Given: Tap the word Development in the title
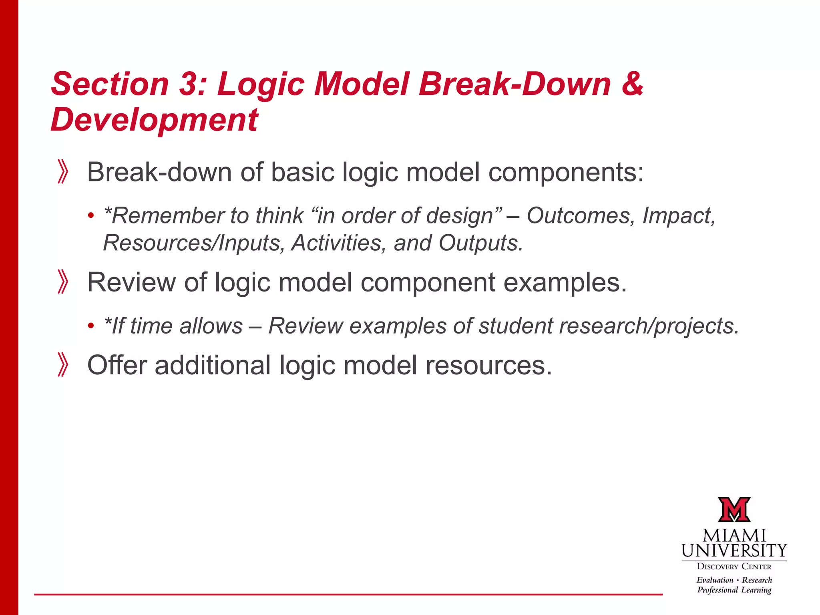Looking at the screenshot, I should pyautogui.click(x=155, y=120).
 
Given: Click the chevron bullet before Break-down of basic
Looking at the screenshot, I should pyautogui.click(x=63, y=172).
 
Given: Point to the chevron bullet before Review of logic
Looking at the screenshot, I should pyautogui.click(x=63, y=282).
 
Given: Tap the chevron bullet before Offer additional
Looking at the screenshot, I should pyautogui.click(x=63, y=365).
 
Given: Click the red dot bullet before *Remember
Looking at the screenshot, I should pyautogui.click(x=91, y=216).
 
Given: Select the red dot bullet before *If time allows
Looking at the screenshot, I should pyautogui.click(x=91, y=326).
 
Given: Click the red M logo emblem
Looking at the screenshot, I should pyautogui.click(x=734, y=510).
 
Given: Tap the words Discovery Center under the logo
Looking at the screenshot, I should pyautogui.click(x=734, y=567).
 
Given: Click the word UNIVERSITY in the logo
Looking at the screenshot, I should pyautogui.click(x=734, y=551).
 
